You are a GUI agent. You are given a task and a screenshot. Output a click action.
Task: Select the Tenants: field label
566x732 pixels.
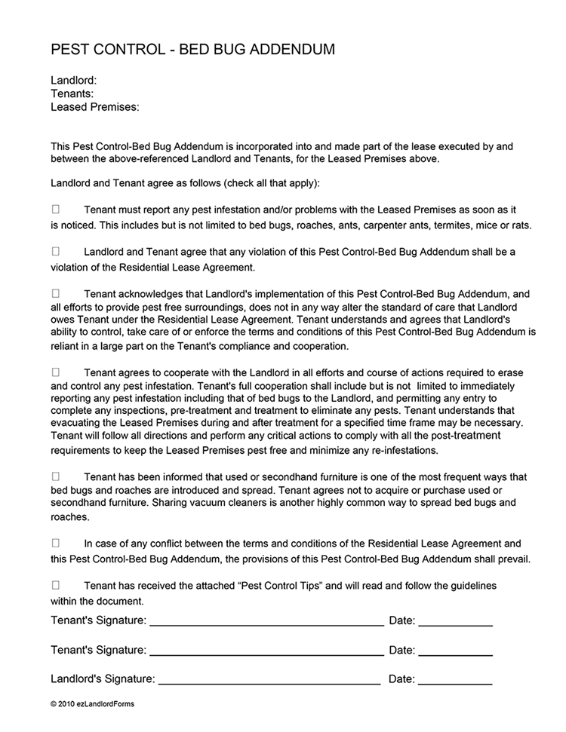(72, 93)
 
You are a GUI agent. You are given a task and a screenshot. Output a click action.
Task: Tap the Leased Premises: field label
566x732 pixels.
(95, 107)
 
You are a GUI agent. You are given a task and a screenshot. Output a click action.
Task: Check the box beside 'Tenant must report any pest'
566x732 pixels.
(56, 209)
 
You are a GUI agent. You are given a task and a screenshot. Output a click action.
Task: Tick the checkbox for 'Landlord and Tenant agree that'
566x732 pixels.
(56, 251)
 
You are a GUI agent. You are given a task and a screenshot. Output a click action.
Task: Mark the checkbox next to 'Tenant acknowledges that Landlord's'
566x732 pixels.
(56, 292)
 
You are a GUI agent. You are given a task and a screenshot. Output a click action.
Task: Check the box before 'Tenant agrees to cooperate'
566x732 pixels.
(56, 372)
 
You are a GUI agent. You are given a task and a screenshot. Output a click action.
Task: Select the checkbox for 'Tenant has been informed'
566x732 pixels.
(56, 476)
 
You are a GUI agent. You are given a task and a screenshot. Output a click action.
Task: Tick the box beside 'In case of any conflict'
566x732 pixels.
(56, 543)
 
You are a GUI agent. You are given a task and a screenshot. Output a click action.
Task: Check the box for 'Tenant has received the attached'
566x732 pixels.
(56, 585)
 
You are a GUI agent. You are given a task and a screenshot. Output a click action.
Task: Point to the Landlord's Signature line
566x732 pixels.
(269, 682)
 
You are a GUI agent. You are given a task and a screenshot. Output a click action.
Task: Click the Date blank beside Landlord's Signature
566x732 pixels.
(455, 682)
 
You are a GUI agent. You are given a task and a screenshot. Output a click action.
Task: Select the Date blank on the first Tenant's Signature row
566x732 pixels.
(455, 625)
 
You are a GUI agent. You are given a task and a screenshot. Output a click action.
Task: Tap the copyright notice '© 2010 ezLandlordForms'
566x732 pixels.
(93, 704)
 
